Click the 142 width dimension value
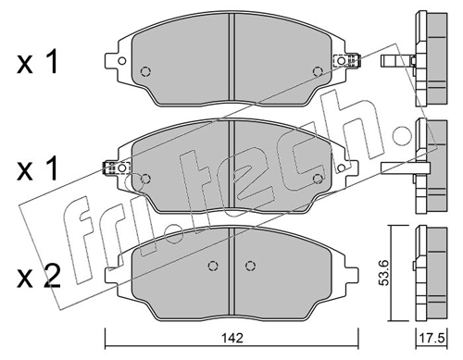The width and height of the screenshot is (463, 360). coord(232,338)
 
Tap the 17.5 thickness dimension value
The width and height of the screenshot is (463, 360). coord(432,338)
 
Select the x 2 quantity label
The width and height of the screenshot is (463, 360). coord(38,277)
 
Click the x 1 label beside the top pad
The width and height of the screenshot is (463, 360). coord(38,63)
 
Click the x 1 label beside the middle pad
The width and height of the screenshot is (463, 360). coord(38,168)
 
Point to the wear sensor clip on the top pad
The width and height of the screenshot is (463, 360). coord(347,61)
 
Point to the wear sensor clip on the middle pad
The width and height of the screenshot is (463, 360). coord(116,168)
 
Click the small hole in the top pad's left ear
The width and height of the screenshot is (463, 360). coord(122,61)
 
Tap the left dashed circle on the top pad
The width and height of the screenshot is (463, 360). coord(145,72)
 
